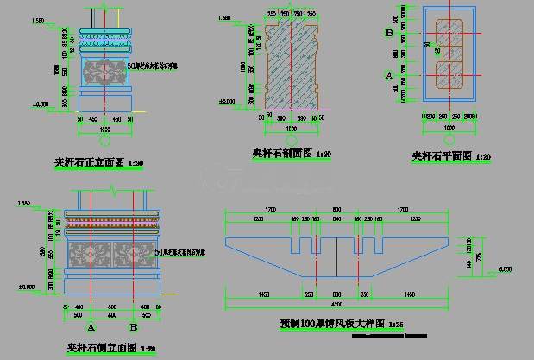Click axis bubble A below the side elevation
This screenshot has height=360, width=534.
coord(91,327)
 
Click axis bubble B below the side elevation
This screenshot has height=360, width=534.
coord(134,327)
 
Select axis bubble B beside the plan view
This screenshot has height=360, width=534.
coord(389,33)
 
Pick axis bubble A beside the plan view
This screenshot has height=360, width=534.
coord(389,76)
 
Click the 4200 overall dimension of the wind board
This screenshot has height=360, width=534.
coord(336,302)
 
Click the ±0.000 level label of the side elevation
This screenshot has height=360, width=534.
coord(26,286)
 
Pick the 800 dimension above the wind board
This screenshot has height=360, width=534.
coord(336,210)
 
